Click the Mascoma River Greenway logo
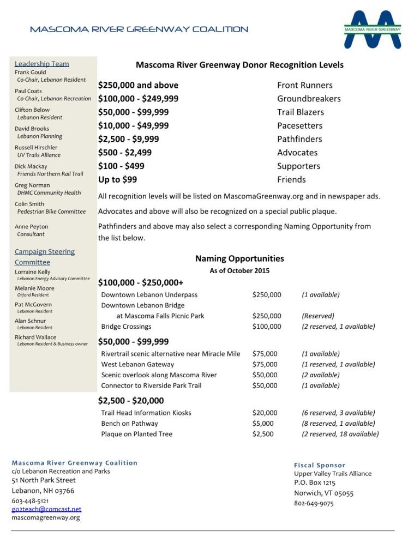click(x=373, y=28)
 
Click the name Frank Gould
click(x=31, y=72)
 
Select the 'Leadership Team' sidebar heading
click(x=41, y=64)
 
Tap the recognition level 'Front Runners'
click(x=304, y=85)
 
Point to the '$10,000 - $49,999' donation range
click(x=133, y=125)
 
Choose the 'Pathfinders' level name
click(x=299, y=139)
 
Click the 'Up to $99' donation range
click(x=117, y=179)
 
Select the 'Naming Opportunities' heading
click(x=239, y=258)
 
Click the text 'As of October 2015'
click(x=239, y=270)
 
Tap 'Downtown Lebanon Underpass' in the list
click(x=149, y=295)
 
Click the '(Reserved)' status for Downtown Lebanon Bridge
click(x=318, y=316)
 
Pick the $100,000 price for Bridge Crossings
click(x=267, y=327)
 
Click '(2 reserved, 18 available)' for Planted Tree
click(x=340, y=434)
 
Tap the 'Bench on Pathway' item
click(x=129, y=424)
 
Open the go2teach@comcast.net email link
click(x=46, y=509)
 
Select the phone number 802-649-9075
click(x=314, y=503)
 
